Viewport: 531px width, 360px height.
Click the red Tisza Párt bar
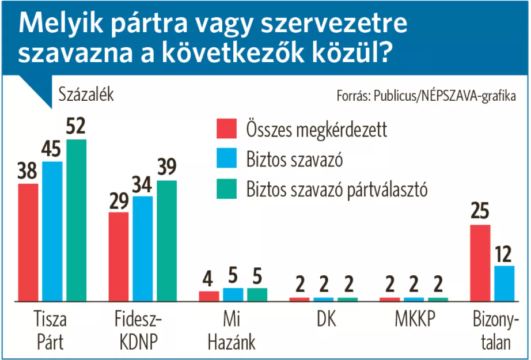coord(28,242)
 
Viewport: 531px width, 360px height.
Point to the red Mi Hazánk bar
coord(209,296)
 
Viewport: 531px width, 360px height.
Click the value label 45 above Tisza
coord(52,150)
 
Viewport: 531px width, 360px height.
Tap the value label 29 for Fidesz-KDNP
coord(119,201)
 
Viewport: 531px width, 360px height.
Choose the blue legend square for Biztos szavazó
coord(226,160)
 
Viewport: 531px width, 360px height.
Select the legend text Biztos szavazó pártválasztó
coord(337,190)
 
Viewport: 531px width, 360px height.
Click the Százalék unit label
coord(86,94)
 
